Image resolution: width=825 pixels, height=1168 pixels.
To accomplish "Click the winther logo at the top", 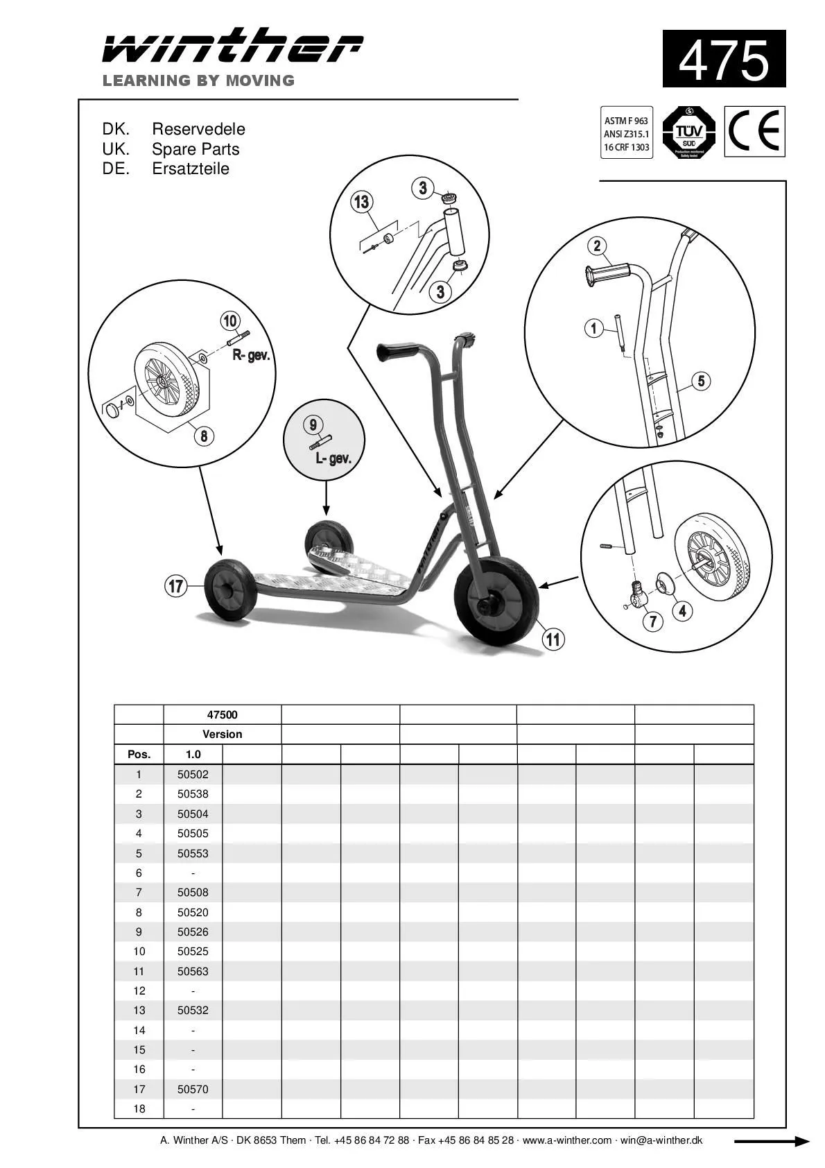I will pos(232,46).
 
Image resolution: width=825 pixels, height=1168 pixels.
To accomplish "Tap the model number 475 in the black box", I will pos(724,60).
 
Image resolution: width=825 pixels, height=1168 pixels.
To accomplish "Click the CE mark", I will pos(755,131).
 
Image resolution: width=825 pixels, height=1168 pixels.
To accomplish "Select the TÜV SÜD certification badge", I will pos(688,132).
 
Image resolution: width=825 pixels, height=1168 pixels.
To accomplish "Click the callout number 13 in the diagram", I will pos(361,202).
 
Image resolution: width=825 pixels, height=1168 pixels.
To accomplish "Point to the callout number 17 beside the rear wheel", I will pos(176,586).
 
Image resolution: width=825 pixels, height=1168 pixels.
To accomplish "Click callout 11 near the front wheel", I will pos(553,639).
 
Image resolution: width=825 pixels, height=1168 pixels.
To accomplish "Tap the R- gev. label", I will pos(251,356).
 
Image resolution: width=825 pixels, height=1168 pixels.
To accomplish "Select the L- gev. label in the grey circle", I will pos(333,458).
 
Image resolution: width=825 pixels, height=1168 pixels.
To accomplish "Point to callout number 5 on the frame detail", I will pos(701,381).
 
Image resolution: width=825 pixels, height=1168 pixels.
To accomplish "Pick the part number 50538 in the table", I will pos(193,794).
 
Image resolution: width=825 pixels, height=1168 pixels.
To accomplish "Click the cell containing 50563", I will pos(193,971).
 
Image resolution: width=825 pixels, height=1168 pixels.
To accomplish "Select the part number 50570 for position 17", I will pos(193,1089).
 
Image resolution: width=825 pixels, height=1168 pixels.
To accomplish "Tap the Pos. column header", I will pos(139,755).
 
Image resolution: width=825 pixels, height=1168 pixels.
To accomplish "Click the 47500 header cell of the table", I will pos(222,715).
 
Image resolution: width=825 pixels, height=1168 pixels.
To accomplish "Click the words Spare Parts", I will pos(196,149).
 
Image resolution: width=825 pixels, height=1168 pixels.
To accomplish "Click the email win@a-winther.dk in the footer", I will pos(661,1140).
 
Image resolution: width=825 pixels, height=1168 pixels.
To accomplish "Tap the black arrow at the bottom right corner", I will pos(771,1142).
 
